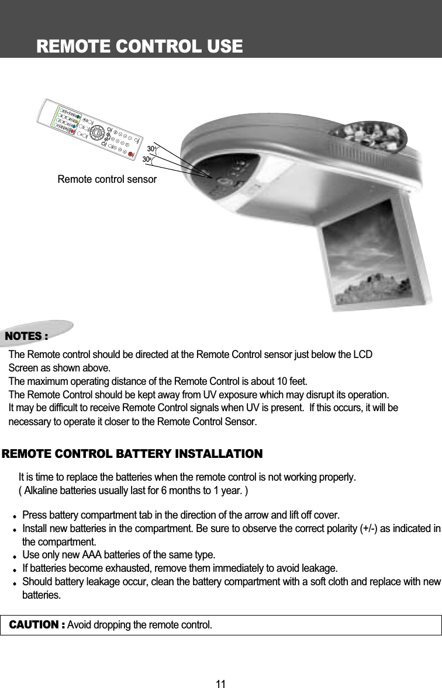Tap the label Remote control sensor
[107, 179]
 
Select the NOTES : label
[26, 336]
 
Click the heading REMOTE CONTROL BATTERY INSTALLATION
[133, 454]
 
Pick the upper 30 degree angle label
[151, 149]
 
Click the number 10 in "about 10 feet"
[278, 382]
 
